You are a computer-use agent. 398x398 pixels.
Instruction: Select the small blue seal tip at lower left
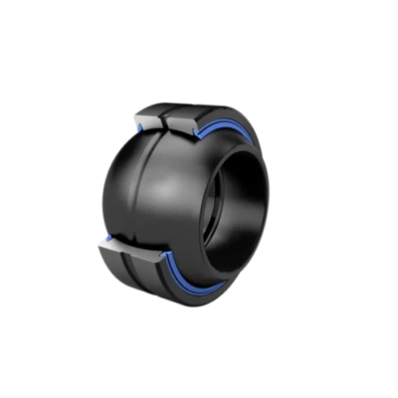(103, 242)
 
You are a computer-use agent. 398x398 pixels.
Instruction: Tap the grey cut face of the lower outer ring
(128, 251)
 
